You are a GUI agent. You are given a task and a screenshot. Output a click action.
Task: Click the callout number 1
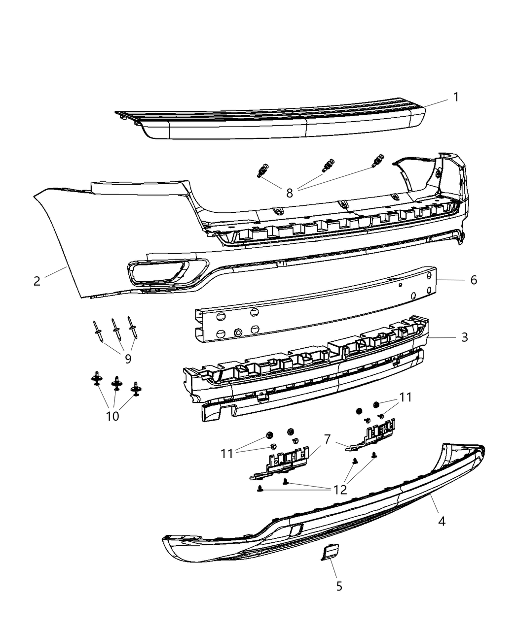click(x=456, y=97)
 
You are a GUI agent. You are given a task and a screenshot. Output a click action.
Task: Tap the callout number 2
click(x=37, y=281)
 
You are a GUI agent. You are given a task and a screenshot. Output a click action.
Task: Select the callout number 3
click(x=464, y=337)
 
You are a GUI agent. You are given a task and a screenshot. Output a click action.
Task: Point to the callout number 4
click(x=442, y=521)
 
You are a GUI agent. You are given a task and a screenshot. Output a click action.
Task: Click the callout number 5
click(x=339, y=586)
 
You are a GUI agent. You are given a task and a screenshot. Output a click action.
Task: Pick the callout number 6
click(x=474, y=280)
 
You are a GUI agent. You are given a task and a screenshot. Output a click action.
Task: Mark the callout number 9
click(x=128, y=359)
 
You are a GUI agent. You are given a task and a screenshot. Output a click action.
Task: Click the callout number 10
click(x=112, y=416)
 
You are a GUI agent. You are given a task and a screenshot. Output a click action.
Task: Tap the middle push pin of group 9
click(x=116, y=328)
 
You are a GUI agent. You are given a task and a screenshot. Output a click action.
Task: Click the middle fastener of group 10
click(x=116, y=382)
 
